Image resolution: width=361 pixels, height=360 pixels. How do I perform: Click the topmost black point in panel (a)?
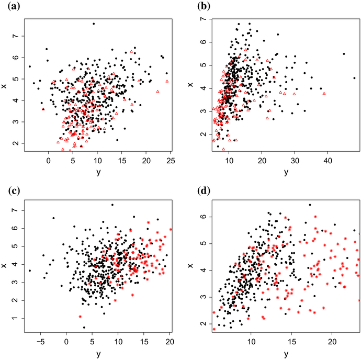tap(94, 24)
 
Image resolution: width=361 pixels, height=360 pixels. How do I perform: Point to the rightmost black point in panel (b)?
tap(354, 78)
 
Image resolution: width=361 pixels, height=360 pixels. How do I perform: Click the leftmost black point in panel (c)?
tap(30, 271)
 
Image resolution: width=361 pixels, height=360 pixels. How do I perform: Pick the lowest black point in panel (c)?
tap(84, 328)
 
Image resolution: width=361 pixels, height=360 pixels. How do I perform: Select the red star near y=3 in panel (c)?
tap(80, 317)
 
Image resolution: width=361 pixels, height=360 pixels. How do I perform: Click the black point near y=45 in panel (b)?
tap(343, 54)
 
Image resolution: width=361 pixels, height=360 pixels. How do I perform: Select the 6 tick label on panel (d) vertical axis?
tap(201, 216)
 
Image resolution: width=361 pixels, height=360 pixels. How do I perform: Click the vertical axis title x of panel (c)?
tap(4, 266)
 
